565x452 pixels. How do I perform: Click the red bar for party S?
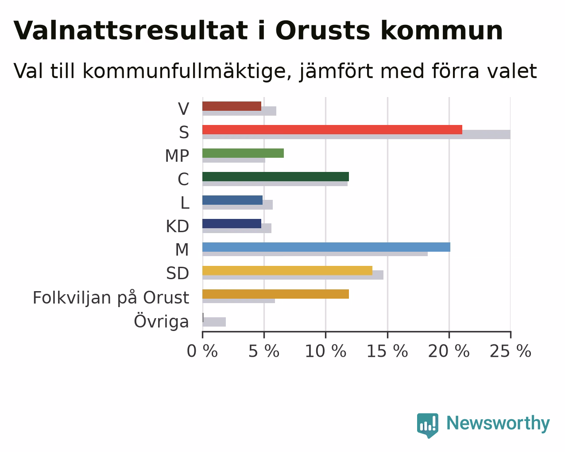(332, 129)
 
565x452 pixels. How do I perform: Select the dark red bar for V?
(232, 106)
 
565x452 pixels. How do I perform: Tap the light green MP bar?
(243, 153)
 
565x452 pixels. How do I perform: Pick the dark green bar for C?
(276, 177)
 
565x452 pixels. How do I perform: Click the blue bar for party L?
(232, 200)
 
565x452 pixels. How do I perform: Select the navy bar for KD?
(232, 224)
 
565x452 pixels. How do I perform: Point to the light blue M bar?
(326, 247)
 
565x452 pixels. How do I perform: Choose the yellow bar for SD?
(287, 270)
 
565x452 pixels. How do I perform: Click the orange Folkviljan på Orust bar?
(276, 294)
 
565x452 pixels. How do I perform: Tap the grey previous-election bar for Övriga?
(214, 322)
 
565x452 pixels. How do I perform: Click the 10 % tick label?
(325, 351)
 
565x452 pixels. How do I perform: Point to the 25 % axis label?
(511, 351)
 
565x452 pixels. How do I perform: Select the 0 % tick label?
(202, 351)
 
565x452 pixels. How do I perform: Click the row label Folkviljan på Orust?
(111, 298)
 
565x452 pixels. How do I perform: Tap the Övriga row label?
(162, 321)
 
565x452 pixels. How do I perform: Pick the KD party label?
(178, 226)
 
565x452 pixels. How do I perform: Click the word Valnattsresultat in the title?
(131, 31)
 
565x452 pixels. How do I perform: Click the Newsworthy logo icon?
(428, 425)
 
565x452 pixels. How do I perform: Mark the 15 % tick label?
(387, 351)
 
